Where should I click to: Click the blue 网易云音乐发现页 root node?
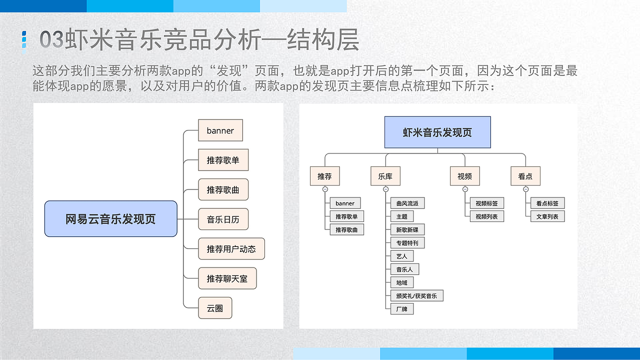coord(110,218)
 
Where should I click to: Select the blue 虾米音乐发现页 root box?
coord(437,132)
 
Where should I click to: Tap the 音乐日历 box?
coord(223,219)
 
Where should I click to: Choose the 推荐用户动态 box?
coord(231,248)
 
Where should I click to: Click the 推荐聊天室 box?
coord(227,278)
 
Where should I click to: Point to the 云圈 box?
coord(215,307)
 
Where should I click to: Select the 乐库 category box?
coord(385,176)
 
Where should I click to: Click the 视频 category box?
coord(464,176)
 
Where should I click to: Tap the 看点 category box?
coord(525,176)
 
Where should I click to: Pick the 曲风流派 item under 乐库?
coord(407,203)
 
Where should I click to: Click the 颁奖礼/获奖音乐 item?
coord(416,295)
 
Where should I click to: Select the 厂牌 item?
coord(401,309)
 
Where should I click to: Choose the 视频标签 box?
coord(486,203)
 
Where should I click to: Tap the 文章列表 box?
coord(547,216)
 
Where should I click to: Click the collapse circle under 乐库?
coord(385,189)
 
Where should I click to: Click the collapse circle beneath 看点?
coord(525,189)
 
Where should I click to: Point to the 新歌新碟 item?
coord(407,229)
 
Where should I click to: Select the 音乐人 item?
coord(404,269)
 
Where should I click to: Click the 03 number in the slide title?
coord(52,40)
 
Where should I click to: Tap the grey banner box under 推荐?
coord(344,203)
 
